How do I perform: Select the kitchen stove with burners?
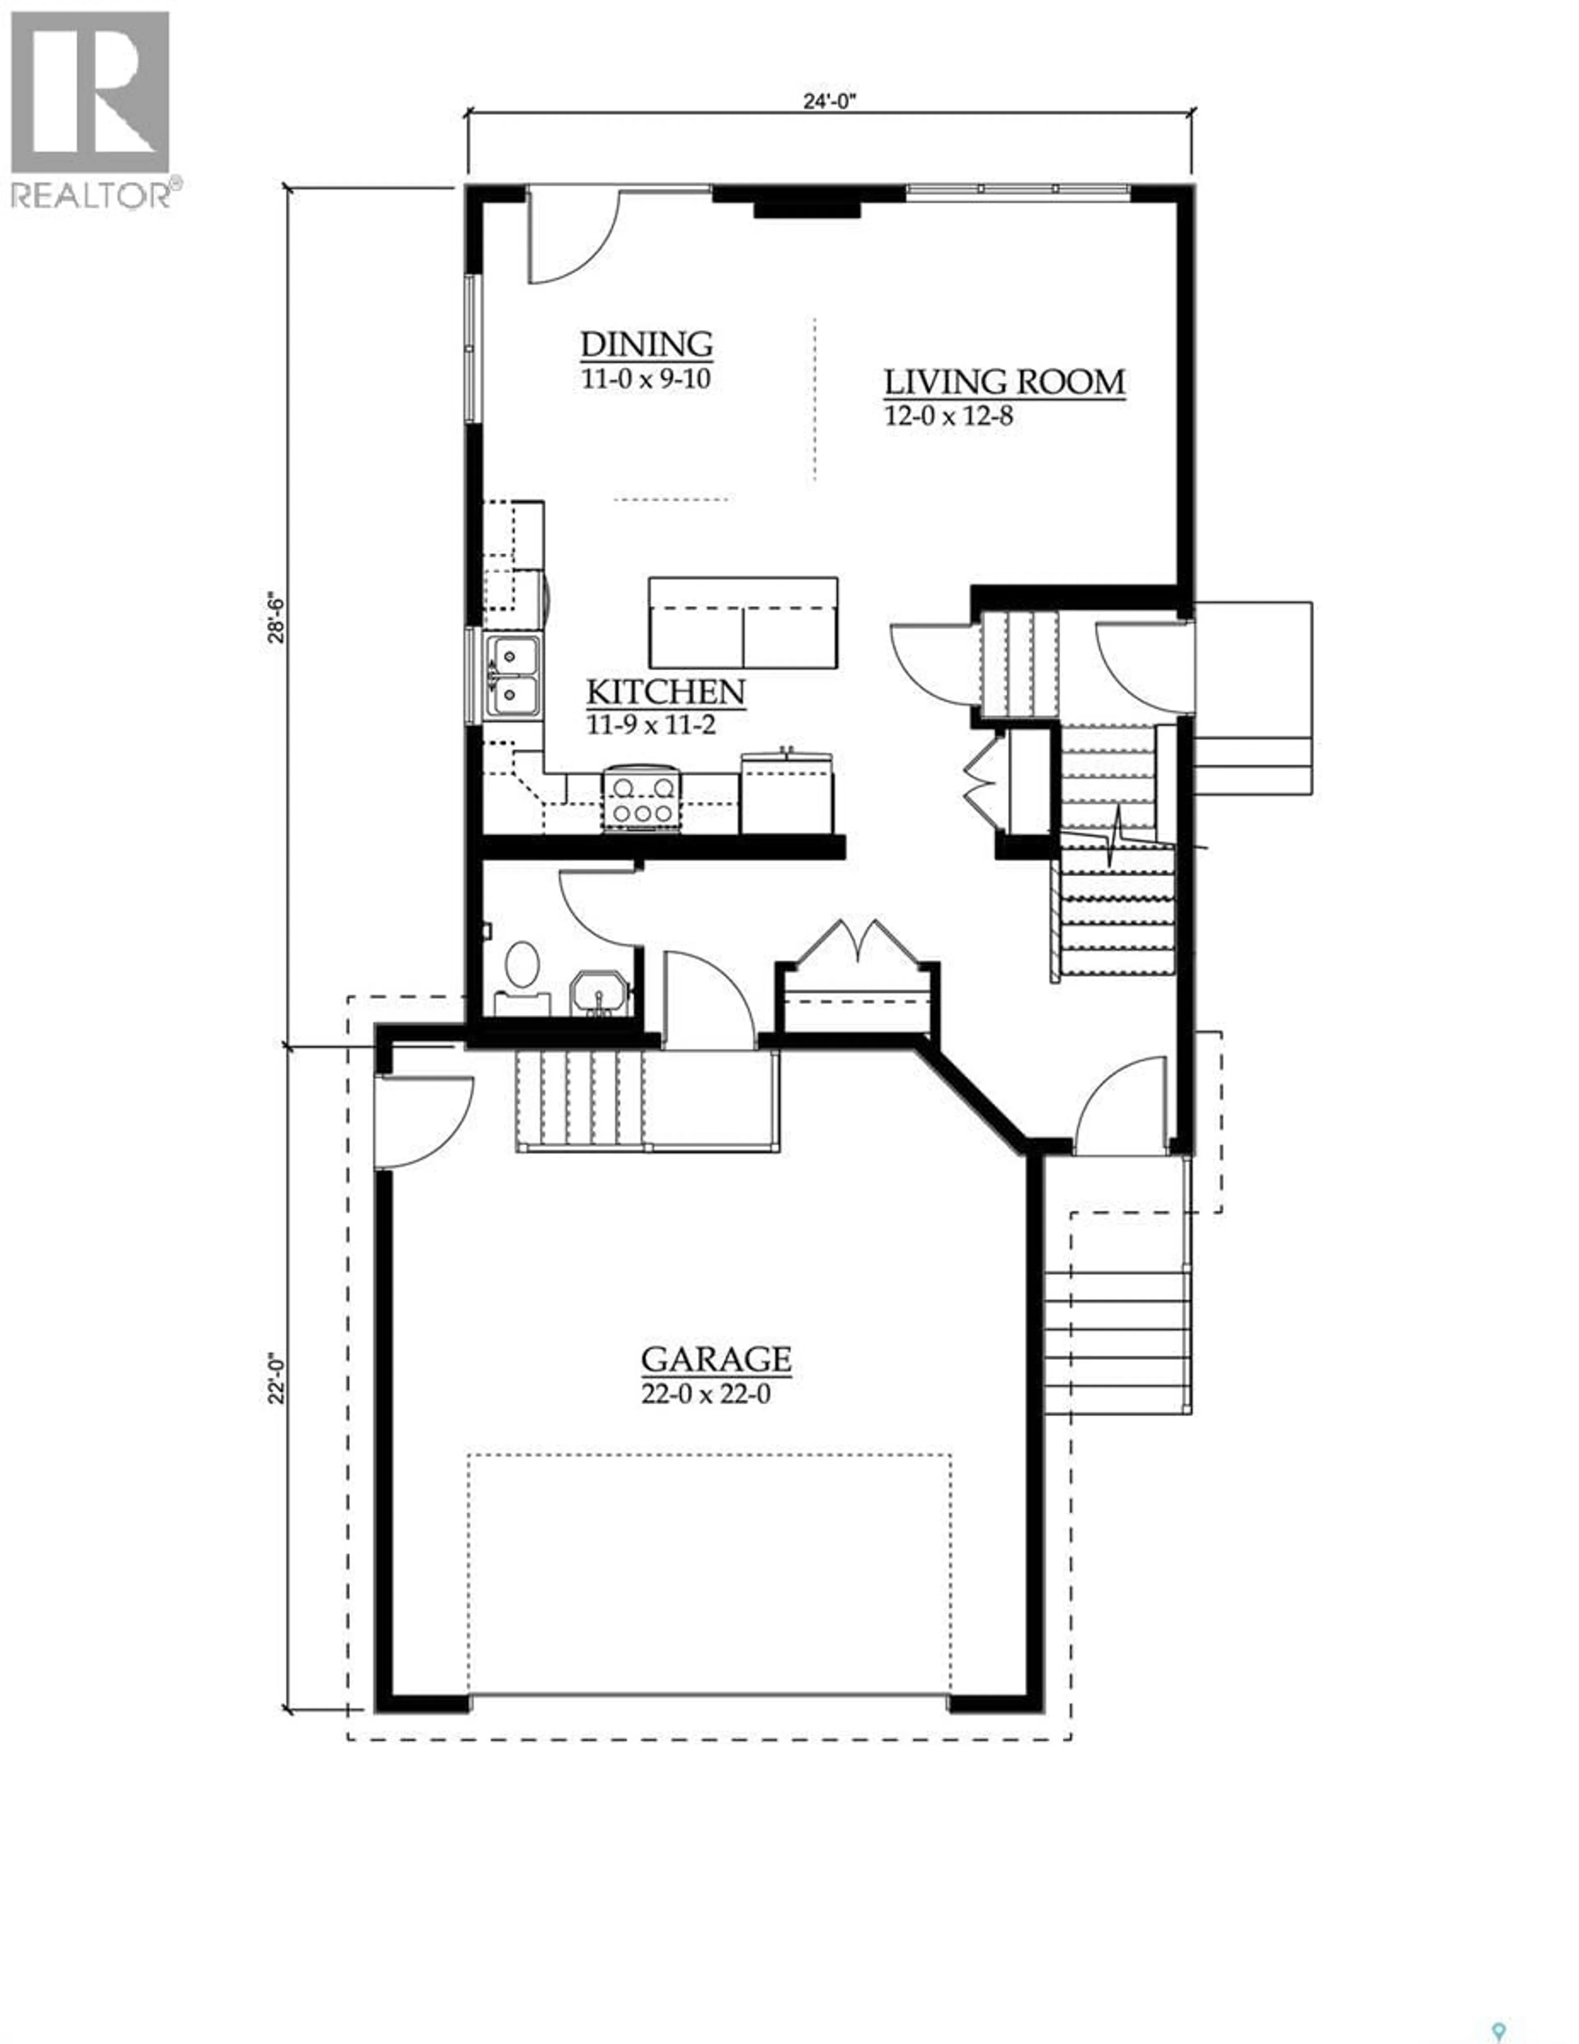coord(640,797)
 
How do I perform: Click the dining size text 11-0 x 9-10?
coord(646,380)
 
